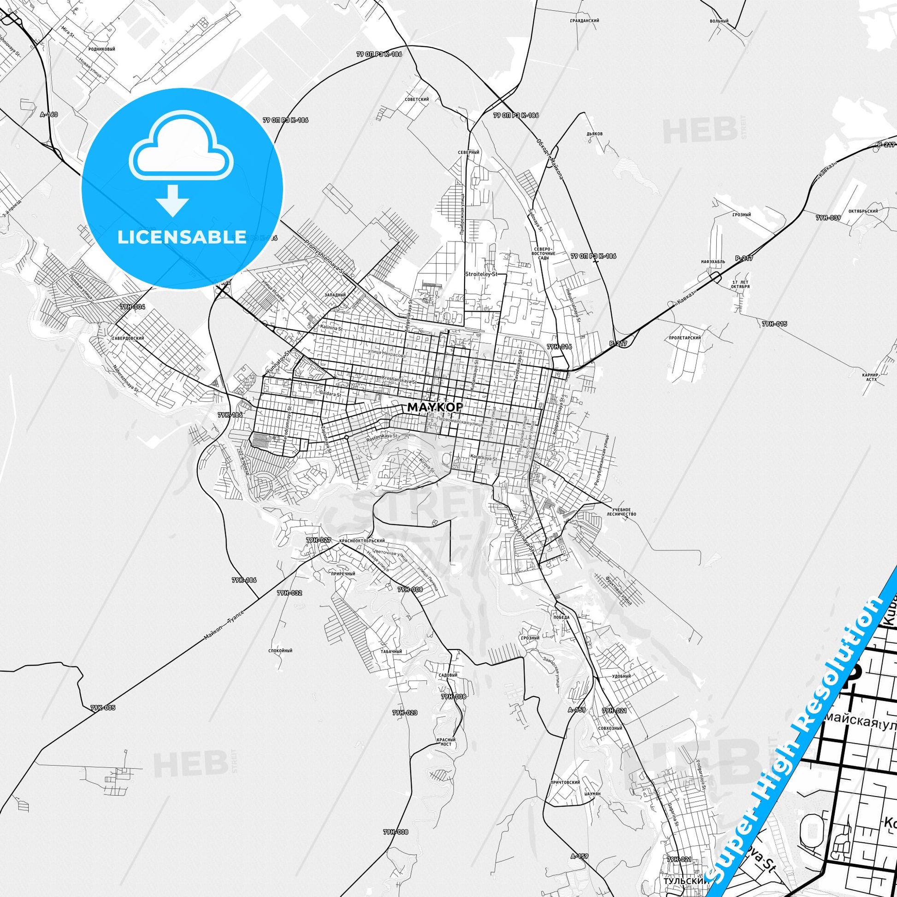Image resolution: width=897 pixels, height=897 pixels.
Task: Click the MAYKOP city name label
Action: pyautogui.click(x=435, y=407)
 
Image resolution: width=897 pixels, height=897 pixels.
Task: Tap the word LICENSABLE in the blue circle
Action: pyautogui.click(x=182, y=237)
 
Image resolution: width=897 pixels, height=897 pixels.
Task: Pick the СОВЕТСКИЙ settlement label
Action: pyautogui.click(x=417, y=100)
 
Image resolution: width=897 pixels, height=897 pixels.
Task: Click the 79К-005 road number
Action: pyautogui.click(x=103, y=708)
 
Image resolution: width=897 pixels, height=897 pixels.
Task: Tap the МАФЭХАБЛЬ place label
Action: pyautogui.click(x=713, y=262)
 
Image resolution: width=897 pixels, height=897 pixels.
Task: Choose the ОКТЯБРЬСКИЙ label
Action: pyautogui.click(x=863, y=211)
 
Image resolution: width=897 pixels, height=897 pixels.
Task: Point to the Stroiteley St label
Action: pyautogui.click(x=481, y=274)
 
